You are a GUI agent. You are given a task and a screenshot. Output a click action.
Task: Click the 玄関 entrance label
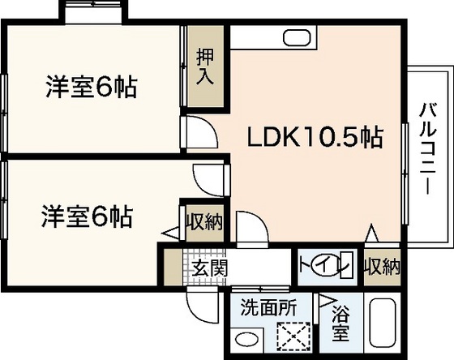208,267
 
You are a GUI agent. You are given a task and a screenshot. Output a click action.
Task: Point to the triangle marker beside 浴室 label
328,302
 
